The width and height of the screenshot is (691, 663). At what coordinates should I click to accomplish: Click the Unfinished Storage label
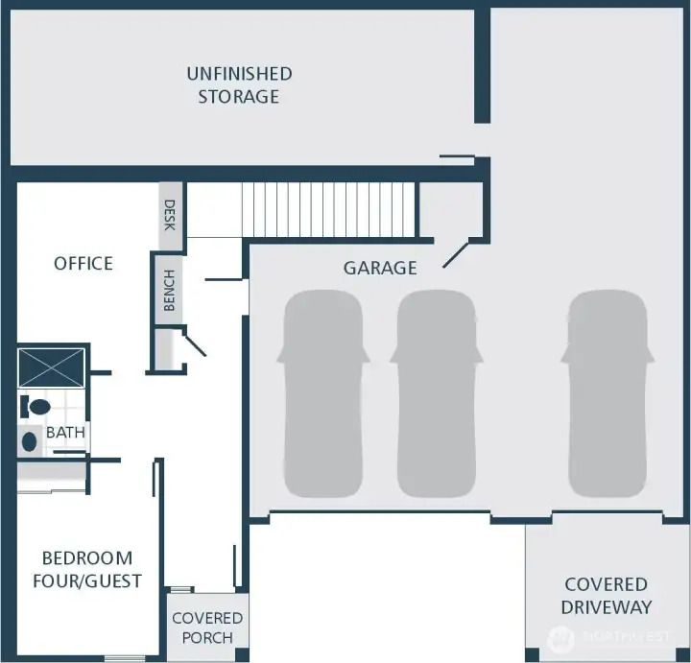tap(239, 84)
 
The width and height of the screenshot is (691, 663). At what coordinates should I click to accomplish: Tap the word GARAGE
tap(380, 268)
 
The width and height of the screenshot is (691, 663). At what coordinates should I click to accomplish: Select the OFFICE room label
tap(83, 263)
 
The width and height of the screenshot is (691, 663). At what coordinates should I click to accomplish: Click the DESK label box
tap(170, 215)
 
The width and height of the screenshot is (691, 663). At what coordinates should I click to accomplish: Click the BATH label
tap(65, 433)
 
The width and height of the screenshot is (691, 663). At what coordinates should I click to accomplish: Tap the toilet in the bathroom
tap(36, 407)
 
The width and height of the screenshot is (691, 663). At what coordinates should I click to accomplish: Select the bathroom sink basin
tap(30, 441)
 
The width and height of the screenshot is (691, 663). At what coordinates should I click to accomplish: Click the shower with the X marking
tap(52, 368)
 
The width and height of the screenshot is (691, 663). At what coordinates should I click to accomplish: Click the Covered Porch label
tap(207, 627)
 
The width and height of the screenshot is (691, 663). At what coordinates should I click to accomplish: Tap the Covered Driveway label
tap(606, 595)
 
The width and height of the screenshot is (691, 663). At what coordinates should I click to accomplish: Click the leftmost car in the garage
tap(322, 394)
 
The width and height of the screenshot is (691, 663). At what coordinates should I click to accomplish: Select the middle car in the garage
tap(436, 394)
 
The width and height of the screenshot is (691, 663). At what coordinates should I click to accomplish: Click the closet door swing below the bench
tap(195, 343)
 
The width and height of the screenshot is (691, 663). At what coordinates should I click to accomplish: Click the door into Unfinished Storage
tap(457, 157)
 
